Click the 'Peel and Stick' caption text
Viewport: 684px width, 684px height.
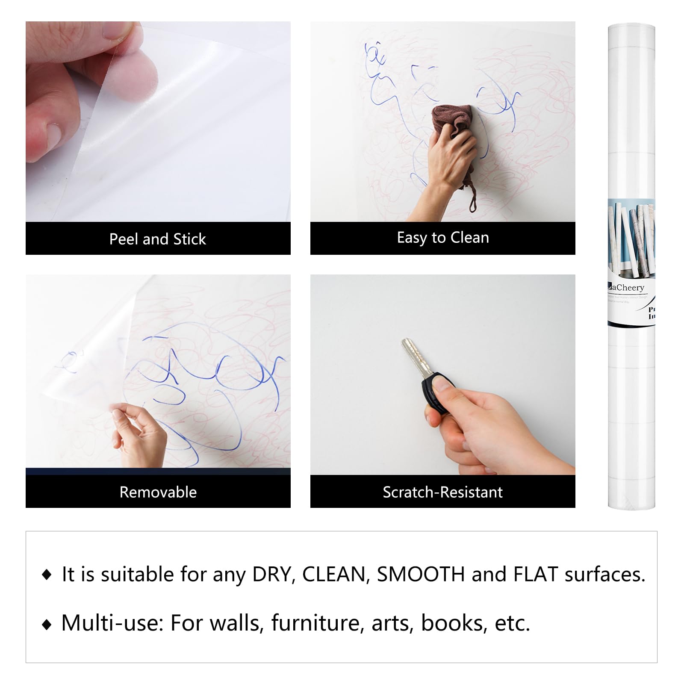pos(157,239)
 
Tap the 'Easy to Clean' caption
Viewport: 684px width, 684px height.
pos(442,238)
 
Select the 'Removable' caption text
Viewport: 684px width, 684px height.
pos(158,492)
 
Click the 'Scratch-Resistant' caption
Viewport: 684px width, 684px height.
pos(442,492)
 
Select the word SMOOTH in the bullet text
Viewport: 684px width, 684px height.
pos(420,574)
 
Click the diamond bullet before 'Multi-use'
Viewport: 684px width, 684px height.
pos(47,625)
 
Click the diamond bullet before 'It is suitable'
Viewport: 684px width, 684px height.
pos(47,575)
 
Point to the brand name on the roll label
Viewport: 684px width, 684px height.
pos(627,288)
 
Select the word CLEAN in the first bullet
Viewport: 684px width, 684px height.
pos(335,574)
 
